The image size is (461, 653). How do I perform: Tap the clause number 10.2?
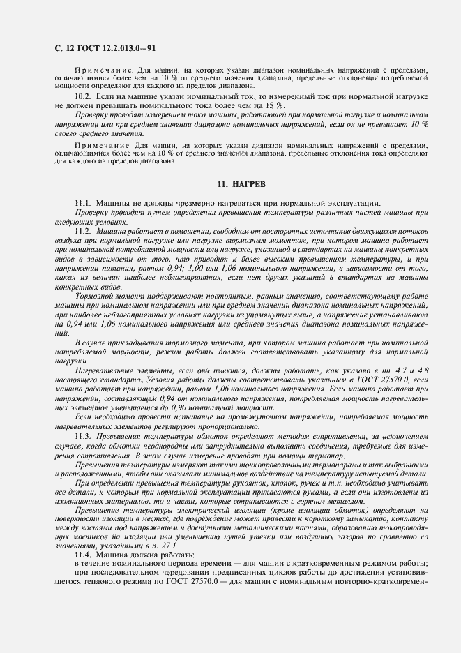84,94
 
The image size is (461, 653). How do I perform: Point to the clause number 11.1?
83,202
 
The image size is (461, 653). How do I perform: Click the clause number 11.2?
83,230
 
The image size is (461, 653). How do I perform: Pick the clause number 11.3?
83,435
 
